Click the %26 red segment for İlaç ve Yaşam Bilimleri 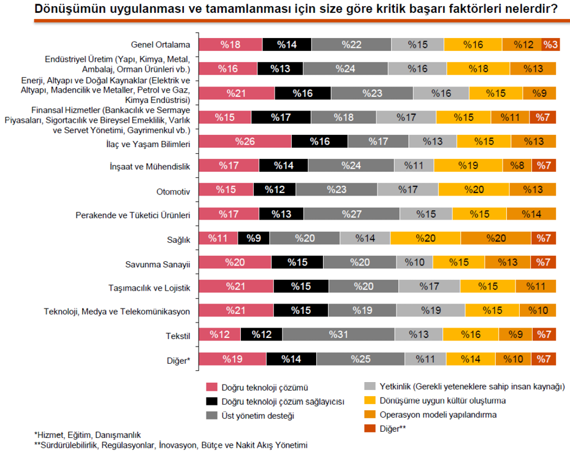pos(245,142)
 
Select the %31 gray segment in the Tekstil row pos(338,334)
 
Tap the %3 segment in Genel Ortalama pos(550,45)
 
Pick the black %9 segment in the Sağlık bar pos(253,238)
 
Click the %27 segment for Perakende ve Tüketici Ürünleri pos(351,214)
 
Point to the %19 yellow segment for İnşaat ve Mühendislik pos(468,166)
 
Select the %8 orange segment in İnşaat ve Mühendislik pos(517,166)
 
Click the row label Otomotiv pos(173,191)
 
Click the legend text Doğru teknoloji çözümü pos(264,388)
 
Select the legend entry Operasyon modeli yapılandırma pos(438,415)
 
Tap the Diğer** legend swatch pos(370,429)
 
